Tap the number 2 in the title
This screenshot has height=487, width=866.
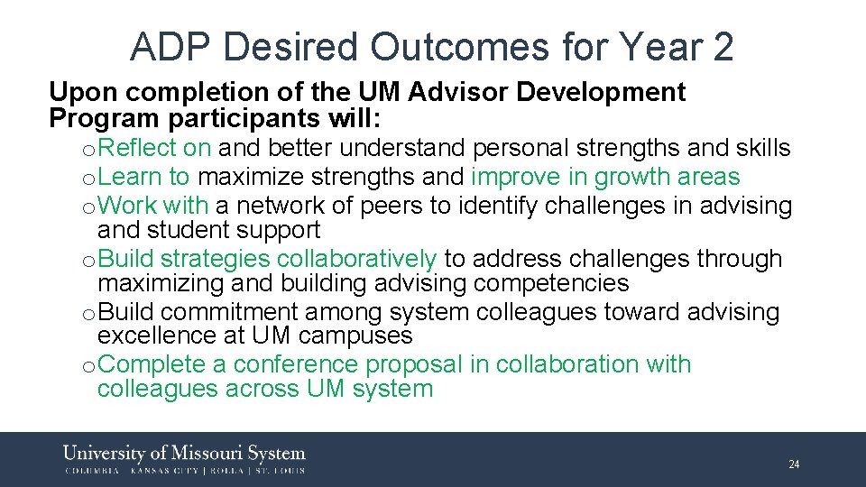(722, 47)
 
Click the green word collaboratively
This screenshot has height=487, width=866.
(357, 259)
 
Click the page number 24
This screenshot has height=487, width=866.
(794, 464)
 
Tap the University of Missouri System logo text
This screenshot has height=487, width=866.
(184, 454)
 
